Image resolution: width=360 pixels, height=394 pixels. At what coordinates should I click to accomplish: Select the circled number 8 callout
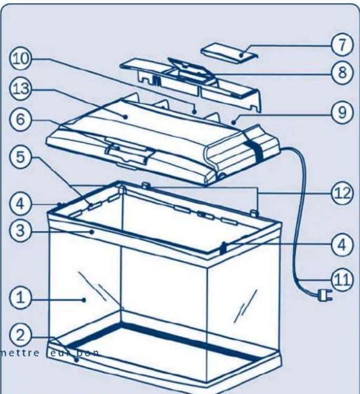pos(342,72)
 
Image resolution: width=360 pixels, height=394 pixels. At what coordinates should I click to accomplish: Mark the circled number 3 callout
pos(19,230)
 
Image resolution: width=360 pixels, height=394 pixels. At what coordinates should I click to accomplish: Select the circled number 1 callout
pos(19,298)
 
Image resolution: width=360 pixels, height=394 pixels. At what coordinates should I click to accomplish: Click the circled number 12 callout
pos(342,193)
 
